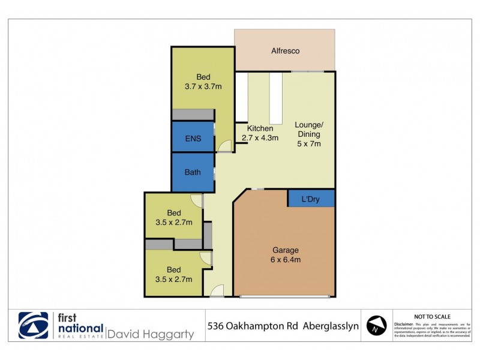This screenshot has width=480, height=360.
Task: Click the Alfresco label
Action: pyautogui.click(x=284, y=51)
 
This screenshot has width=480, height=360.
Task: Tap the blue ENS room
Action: pyautogui.click(x=193, y=139)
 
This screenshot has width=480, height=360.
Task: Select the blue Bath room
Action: pyautogui.click(x=193, y=172)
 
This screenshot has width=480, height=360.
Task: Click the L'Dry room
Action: pyautogui.click(x=310, y=199)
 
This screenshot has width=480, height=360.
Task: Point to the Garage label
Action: pyautogui.click(x=286, y=250)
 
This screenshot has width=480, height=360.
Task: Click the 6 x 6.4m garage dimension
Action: pyautogui.click(x=286, y=260)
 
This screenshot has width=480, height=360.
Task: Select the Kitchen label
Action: pyautogui.click(x=260, y=128)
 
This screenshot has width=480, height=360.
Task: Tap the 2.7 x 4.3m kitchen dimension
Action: pyautogui.click(x=260, y=138)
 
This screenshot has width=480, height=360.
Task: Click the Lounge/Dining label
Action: pyautogui.click(x=309, y=130)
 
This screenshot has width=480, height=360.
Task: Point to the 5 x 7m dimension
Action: pyautogui.click(x=309, y=143)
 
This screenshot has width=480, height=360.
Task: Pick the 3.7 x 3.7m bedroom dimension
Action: pyautogui.click(x=203, y=86)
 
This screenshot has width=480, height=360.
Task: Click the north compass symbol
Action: pyautogui.click(x=376, y=326)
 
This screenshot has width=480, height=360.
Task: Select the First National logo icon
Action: pyautogui.click(x=34, y=326)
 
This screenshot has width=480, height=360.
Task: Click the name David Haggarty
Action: pyautogui.click(x=151, y=334)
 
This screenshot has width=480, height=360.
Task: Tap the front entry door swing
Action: pyautogui.click(x=217, y=292)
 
